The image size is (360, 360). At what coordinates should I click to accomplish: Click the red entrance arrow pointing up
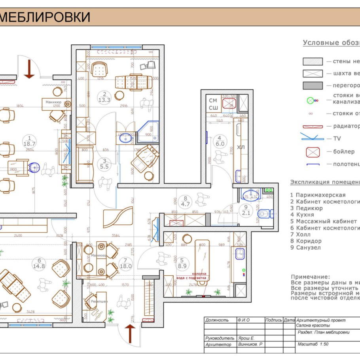click(129, 333)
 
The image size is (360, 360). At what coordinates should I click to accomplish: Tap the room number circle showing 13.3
click(104, 97)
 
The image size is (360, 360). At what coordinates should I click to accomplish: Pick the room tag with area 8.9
click(182, 263)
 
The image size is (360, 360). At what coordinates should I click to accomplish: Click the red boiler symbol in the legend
click(313, 152)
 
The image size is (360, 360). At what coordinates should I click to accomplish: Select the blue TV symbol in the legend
click(312, 138)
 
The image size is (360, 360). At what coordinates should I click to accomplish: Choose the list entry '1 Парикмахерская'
click(318, 195)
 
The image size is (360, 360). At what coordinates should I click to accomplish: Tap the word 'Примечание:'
click(310, 277)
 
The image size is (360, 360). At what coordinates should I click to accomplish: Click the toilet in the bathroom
click(263, 214)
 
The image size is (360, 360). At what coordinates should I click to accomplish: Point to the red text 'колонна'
click(199, 273)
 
